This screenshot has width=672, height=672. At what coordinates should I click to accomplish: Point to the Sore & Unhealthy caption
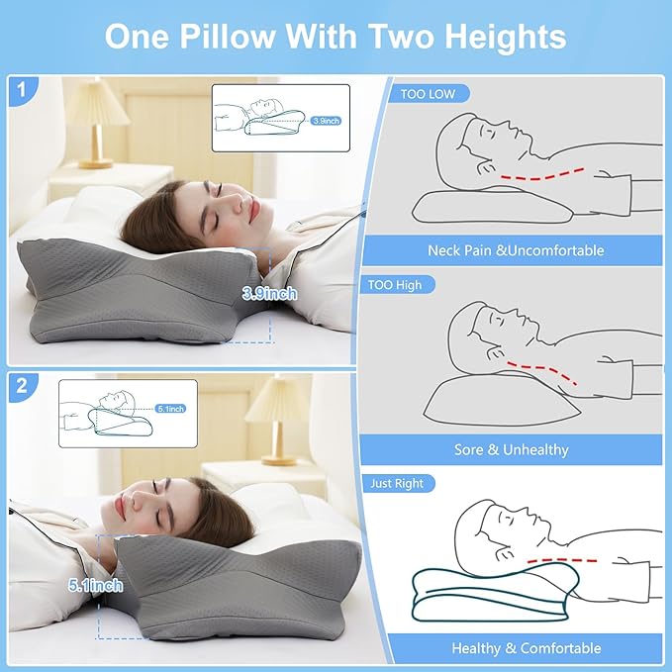coord(512,449)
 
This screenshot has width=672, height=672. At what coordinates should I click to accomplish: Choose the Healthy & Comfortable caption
coord(526,648)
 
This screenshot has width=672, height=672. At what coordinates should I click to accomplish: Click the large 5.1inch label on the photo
coord(97,586)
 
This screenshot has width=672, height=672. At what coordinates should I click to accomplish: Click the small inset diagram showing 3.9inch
coord(280,117)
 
